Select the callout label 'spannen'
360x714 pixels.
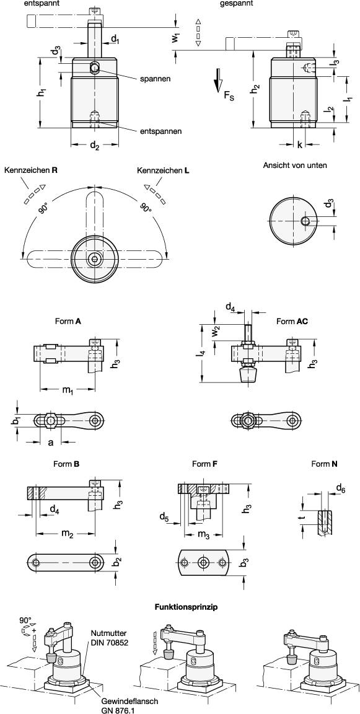coord(155,79)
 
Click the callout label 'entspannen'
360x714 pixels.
coord(161,131)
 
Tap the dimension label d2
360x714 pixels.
coord(94,147)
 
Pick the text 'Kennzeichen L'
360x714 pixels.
coord(163,170)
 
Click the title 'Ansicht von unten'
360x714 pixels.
coord(295,165)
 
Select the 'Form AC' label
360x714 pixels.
coord(292,321)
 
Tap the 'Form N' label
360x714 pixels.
coord(324,464)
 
